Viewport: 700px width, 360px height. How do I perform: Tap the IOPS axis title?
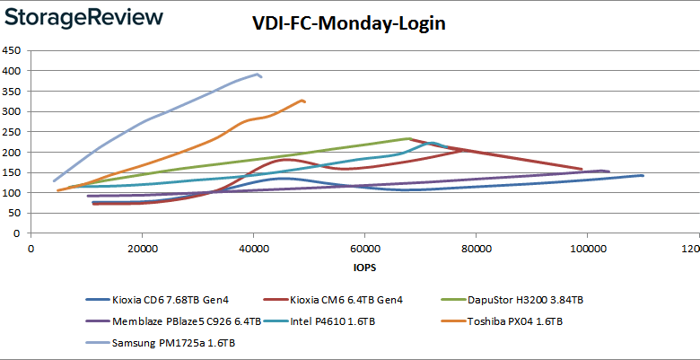(x=363, y=268)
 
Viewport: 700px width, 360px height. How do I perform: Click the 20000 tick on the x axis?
(x=142, y=248)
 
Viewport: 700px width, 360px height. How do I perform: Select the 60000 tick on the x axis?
(x=364, y=248)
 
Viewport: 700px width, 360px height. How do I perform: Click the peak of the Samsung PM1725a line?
(x=257, y=74)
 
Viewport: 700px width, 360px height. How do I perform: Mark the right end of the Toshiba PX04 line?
(x=305, y=101)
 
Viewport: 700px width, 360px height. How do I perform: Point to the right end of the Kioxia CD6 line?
(x=643, y=175)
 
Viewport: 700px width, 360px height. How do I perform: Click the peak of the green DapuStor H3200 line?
(x=409, y=138)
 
